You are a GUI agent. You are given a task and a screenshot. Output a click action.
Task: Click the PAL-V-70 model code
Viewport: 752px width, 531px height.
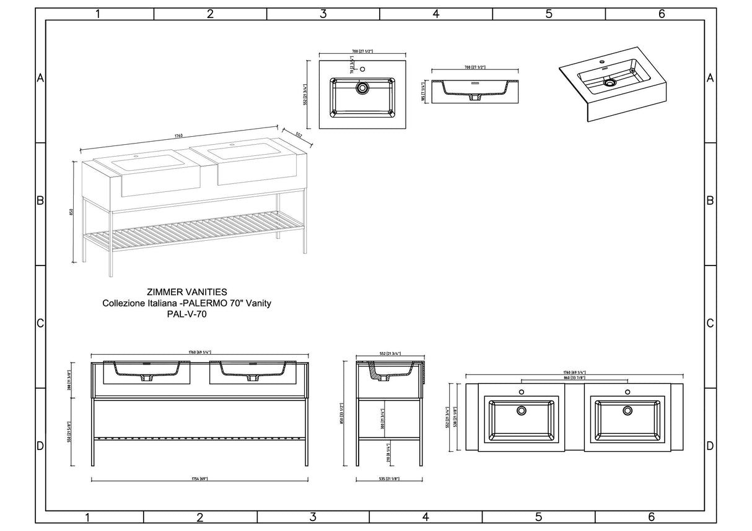[186, 314]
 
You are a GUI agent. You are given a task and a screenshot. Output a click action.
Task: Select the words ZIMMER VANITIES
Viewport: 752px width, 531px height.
[186, 291]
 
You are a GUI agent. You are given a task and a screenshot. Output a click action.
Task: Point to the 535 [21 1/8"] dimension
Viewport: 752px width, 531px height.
[388, 478]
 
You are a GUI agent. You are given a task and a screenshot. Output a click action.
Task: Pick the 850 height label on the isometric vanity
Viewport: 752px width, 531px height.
[72, 211]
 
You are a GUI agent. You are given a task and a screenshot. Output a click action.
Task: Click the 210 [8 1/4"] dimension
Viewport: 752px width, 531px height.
[388, 452]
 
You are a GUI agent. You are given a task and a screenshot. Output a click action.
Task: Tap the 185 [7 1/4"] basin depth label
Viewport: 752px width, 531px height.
[424, 92]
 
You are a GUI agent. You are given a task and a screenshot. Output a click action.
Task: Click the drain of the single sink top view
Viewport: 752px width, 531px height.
[362, 88]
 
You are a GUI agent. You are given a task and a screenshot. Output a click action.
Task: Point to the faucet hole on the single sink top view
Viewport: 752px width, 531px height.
[363, 69]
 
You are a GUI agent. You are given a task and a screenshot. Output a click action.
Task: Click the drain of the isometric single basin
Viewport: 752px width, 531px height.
[610, 81]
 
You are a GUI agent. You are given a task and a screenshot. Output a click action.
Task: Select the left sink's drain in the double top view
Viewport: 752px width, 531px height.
[522, 410]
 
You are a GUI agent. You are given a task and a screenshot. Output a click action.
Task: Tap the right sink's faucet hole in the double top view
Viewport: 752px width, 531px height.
[627, 392]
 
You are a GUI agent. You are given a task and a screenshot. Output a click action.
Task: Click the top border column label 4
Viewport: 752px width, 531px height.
[436, 14]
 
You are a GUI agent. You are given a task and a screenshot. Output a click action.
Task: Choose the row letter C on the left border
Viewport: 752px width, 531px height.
[40, 324]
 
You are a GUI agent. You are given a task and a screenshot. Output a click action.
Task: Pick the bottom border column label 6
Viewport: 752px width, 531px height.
[651, 517]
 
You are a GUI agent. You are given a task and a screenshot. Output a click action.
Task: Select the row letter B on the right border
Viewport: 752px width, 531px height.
[710, 201]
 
